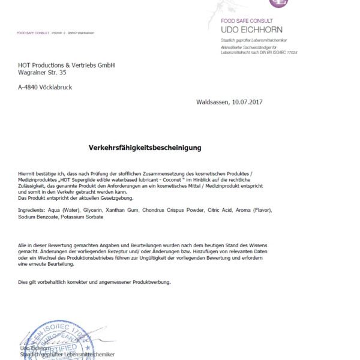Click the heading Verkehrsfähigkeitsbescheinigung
(145, 147)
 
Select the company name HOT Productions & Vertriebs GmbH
(66, 65)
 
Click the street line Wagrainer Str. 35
(42, 73)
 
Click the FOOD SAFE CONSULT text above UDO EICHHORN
(247, 21)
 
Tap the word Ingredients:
(33, 211)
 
